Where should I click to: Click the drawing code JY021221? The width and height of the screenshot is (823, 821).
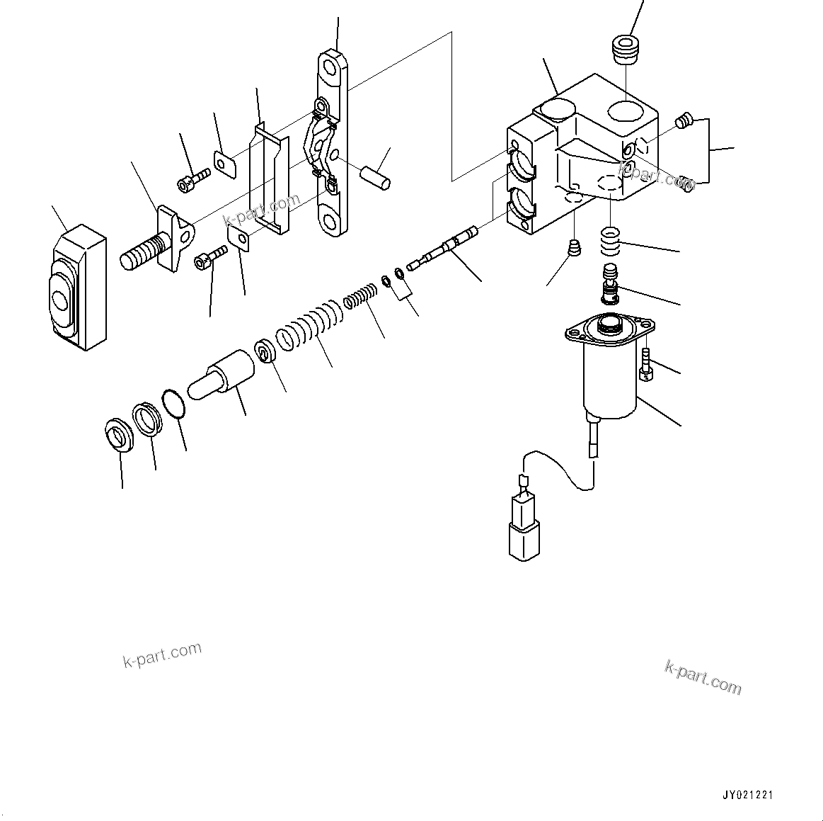(x=748, y=795)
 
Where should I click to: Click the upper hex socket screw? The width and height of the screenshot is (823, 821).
(x=192, y=179)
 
